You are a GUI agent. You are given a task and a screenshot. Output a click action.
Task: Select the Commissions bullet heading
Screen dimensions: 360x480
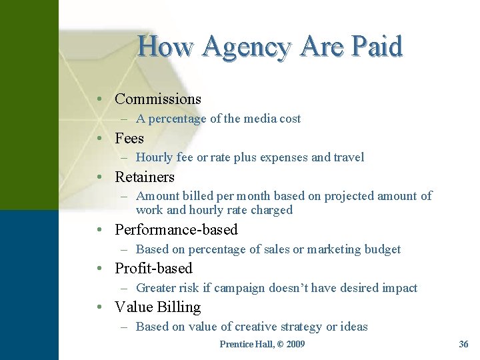(158, 99)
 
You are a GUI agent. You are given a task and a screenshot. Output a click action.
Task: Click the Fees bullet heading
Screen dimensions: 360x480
(129, 138)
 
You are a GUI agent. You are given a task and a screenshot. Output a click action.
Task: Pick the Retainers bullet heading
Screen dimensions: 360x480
(145, 177)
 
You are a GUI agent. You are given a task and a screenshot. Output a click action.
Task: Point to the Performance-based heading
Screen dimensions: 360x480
(177, 229)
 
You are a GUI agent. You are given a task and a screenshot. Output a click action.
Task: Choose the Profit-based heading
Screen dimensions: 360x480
(153, 268)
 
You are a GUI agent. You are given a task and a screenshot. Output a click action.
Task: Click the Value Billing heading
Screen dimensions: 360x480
(158, 307)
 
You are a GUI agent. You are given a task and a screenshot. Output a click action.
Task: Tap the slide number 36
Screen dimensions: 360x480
(464, 344)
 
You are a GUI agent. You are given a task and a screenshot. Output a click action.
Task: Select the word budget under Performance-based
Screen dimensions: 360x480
(383, 249)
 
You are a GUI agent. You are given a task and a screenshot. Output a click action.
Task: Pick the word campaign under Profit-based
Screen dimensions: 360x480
(241, 288)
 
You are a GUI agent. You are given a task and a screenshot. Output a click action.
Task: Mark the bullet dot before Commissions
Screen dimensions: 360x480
(99, 99)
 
